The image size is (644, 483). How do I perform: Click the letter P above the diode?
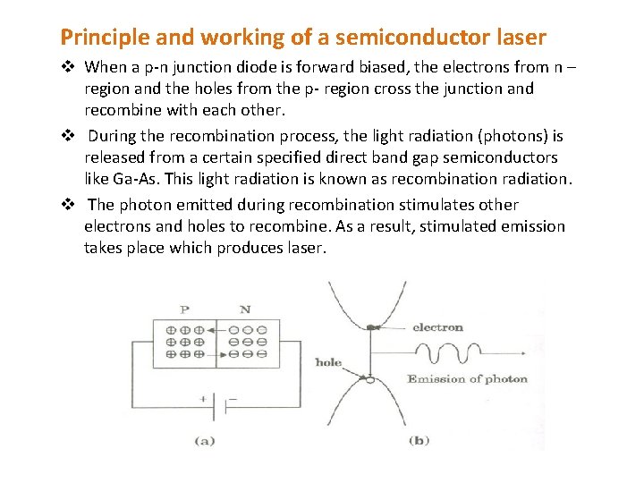pyautogui.click(x=184, y=309)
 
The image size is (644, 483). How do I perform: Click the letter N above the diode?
pyautogui.click(x=245, y=309)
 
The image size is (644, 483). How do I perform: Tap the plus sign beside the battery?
pyautogui.click(x=203, y=398)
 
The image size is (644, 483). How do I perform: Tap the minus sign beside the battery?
pyautogui.click(x=236, y=398)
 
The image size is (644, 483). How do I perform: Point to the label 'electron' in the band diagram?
pyautogui.click(x=437, y=327)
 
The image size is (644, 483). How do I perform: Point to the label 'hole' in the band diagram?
pyautogui.click(x=328, y=362)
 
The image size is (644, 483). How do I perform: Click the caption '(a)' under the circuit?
pyautogui.click(x=205, y=440)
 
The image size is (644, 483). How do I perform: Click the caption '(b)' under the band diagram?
pyautogui.click(x=420, y=440)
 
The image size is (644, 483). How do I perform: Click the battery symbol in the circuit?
pyautogui.click(x=218, y=404)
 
